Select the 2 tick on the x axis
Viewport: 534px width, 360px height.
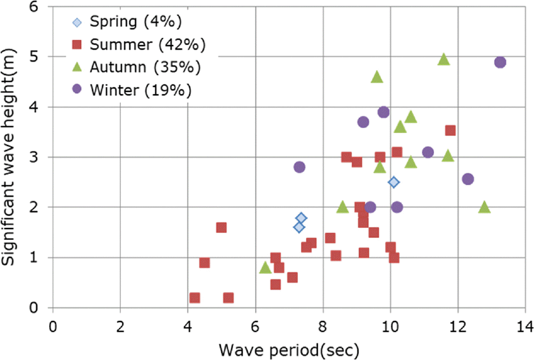pyautogui.click(x=120, y=327)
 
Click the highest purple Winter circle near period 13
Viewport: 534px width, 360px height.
pyautogui.click(x=500, y=62)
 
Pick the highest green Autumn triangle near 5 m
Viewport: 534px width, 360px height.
pyautogui.click(x=444, y=59)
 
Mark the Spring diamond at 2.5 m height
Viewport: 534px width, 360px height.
pyautogui.click(x=393, y=182)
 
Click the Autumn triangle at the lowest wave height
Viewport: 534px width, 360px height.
pyautogui.click(x=265, y=267)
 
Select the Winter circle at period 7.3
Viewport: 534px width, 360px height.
pyautogui.click(x=299, y=167)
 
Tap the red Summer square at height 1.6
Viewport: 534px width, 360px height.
pyautogui.click(x=221, y=227)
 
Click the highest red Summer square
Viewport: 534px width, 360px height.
pyautogui.click(x=450, y=131)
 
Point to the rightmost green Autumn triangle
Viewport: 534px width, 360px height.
pyautogui.click(x=484, y=207)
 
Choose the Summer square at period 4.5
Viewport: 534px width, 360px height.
pyautogui.click(x=204, y=263)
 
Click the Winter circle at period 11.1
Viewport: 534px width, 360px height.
pyautogui.click(x=427, y=152)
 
